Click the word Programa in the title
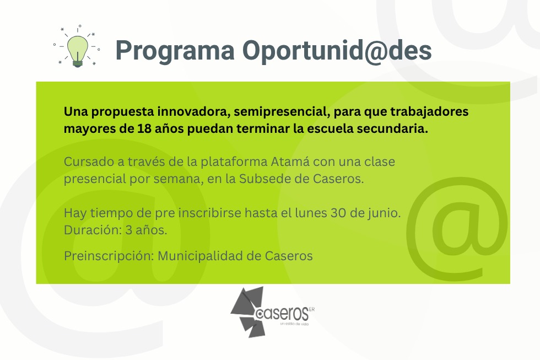[175, 51]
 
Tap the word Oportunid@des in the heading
[337, 51]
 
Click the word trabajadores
[429, 112]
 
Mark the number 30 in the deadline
[338, 213]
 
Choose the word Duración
[93, 230]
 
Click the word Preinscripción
[109, 256]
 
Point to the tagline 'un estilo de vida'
[294, 324]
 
